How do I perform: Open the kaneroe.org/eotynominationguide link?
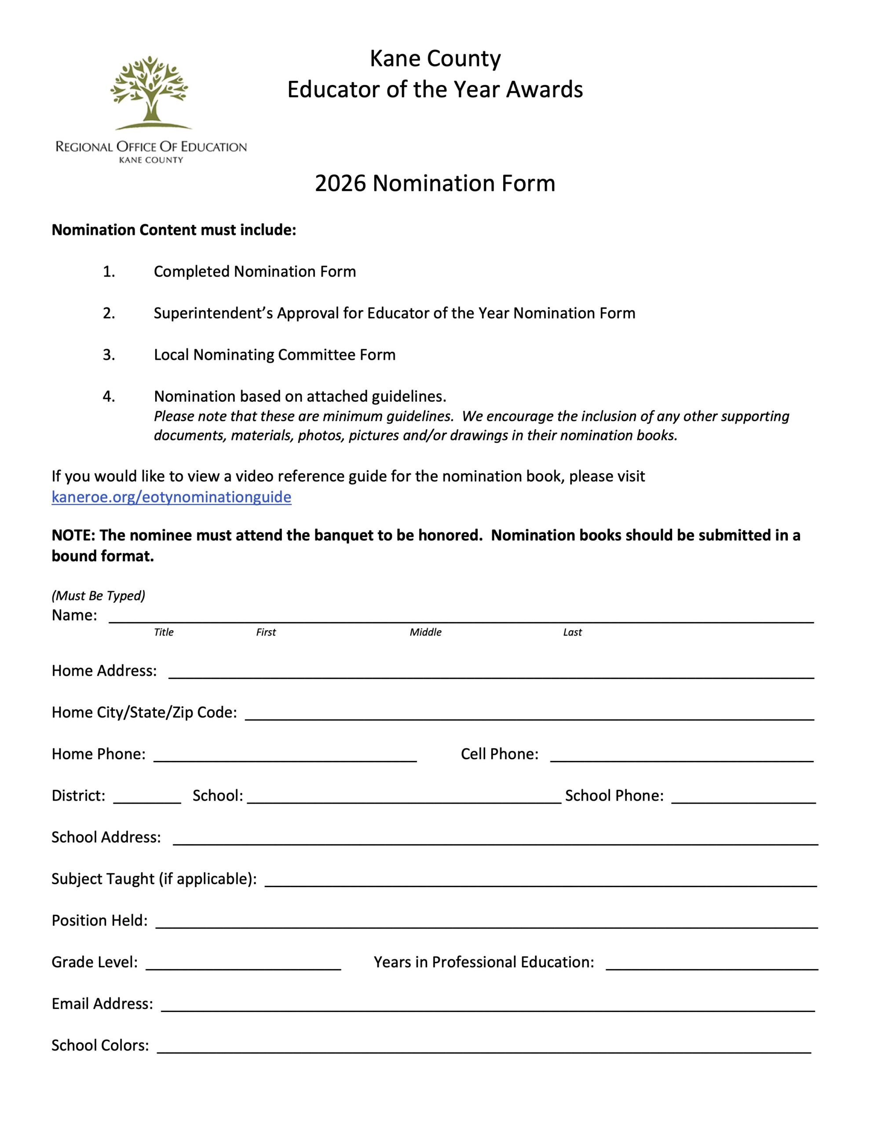(171, 497)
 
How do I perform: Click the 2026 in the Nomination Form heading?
(340, 183)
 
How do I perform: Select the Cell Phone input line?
(681, 756)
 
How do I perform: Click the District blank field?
(147, 797)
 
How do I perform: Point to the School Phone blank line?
(743, 797)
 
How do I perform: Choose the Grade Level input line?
(243, 964)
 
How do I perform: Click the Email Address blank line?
(487, 1006)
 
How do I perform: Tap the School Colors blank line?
(483, 1048)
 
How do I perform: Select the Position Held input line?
(486, 922)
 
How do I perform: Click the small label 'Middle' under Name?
(425, 632)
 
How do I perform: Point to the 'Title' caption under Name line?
(164, 632)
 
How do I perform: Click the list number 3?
(109, 355)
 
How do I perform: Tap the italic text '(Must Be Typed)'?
(99, 596)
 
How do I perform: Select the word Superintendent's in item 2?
(213, 313)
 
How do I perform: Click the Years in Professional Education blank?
(711, 964)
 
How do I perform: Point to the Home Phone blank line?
(285, 756)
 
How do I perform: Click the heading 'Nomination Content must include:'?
(174, 230)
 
